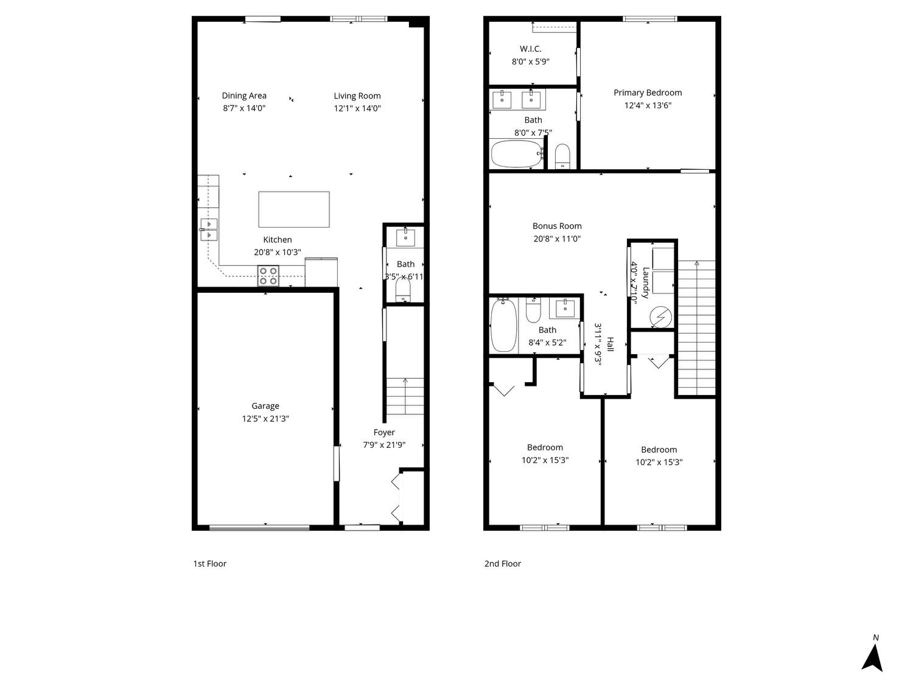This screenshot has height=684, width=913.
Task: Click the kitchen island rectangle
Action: (x=293, y=209)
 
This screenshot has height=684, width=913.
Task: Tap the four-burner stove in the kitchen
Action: (x=268, y=276)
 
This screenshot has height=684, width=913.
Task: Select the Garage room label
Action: (x=265, y=406)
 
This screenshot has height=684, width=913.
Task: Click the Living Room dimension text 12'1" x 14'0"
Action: (x=357, y=108)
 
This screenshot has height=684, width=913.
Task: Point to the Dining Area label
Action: (x=243, y=96)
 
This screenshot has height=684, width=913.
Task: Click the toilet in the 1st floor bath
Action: (x=402, y=289)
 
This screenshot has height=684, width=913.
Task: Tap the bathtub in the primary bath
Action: (x=517, y=153)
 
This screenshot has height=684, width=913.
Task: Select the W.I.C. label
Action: (x=530, y=49)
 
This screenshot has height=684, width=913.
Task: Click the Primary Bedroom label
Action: (x=648, y=92)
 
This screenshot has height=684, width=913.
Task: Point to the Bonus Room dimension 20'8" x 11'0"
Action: (x=557, y=239)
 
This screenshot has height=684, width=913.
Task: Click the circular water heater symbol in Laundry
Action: (x=660, y=317)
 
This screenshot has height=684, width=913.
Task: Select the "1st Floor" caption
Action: (x=209, y=564)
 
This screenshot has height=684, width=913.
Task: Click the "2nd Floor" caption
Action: (x=503, y=564)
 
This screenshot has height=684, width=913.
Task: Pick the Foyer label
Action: (x=384, y=432)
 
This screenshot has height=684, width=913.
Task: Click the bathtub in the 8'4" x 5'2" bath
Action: (x=504, y=325)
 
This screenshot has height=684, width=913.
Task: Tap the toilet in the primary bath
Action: (x=562, y=156)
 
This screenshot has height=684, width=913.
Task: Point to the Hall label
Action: (x=610, y=344)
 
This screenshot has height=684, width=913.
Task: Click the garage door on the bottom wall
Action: (x=259, y=528)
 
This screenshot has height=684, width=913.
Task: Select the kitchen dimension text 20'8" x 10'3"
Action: (x=278, y=252)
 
